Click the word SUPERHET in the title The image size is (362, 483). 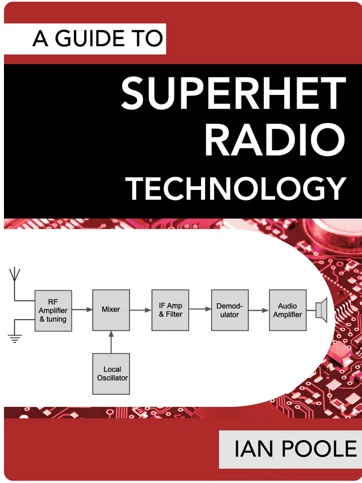tap(234, 94)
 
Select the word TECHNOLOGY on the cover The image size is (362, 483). tap(237, 188)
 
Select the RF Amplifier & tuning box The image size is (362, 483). tap(53, 311)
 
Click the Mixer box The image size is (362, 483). tap(111, 310)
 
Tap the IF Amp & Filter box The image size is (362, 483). tap(170, 310)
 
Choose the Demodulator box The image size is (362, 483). tap(230, 310)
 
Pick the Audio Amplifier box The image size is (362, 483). tap(288, 310)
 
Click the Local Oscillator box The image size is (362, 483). tap(111, 373)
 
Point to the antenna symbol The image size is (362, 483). tap(15, 284)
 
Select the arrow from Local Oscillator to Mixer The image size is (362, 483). tap(111, 342)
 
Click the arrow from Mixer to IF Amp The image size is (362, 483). tap(141, 310)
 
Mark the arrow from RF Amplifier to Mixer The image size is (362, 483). tap(82, 309)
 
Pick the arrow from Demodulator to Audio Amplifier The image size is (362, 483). tap(259, 310)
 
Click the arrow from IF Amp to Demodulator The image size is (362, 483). tap(200, 309)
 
